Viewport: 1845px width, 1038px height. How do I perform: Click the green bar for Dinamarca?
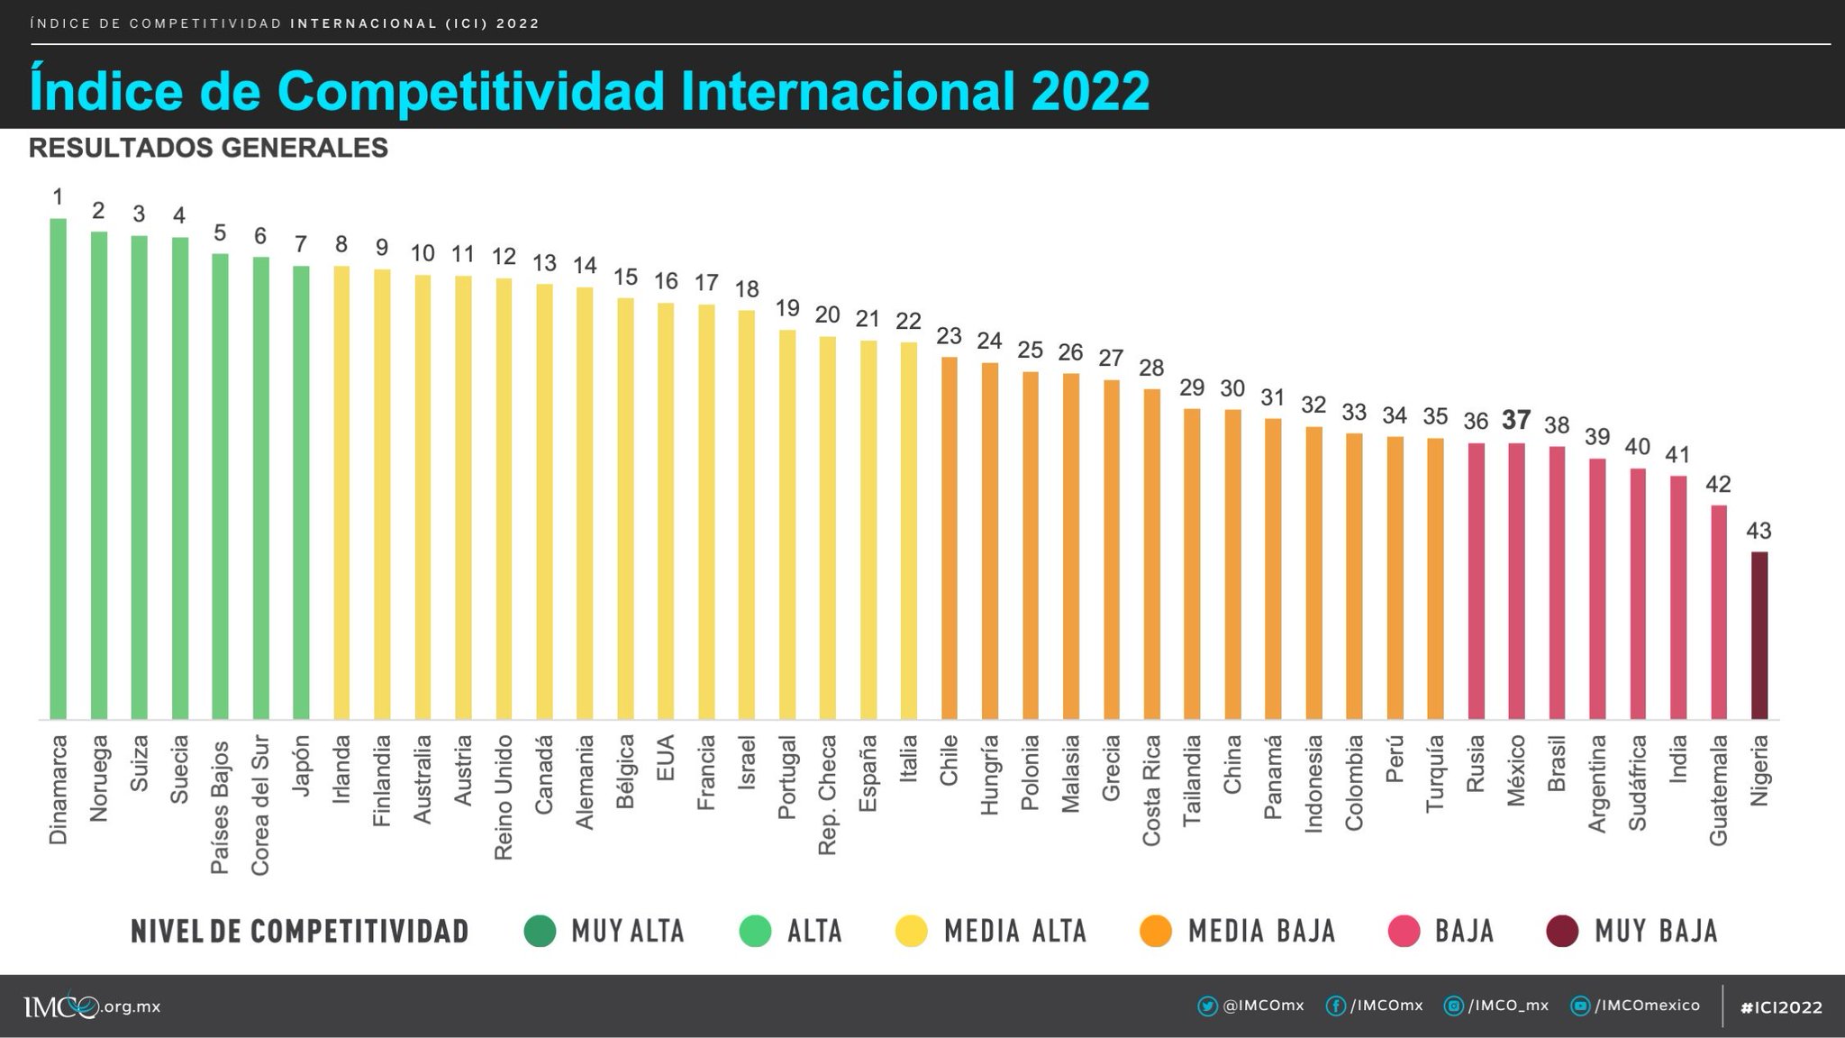[x=58, y=469]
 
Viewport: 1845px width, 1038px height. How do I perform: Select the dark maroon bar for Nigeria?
[x=1759, y=635]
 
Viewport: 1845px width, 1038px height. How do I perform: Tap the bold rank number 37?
[x=1516, y=420]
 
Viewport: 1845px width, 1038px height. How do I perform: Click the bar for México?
[x=1516, y=581]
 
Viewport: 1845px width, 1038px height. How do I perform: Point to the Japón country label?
[x=302, y=765]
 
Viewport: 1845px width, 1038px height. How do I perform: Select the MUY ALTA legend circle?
[x=540, y=931]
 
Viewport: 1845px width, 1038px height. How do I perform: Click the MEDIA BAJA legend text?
[x=1261, y=931]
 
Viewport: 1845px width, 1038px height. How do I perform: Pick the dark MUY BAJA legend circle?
[x=1562, y=931]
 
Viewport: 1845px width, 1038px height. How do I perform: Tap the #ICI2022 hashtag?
[x=1781, y=1007]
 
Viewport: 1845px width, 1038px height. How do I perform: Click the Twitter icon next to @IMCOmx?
[x=1207, y=1006]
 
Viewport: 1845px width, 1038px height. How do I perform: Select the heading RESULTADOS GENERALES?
[x=208, y=148]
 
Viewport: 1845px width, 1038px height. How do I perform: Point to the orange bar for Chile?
[x=949, y=538]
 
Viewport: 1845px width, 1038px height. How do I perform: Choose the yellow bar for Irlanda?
[x=341, y=492]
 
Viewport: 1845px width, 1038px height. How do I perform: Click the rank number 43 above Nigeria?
[x=1759, y=531]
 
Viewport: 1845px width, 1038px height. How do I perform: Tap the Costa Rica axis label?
[x=1151, y=790]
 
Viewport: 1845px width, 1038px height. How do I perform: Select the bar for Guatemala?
[x=1718, y=612]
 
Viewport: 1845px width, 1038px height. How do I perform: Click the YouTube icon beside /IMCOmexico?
[x=1579, y=1006]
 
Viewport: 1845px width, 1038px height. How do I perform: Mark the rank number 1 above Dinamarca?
[x=58, y=196]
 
